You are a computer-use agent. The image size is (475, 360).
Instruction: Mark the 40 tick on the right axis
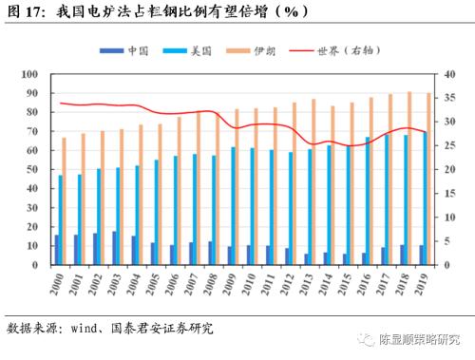445,74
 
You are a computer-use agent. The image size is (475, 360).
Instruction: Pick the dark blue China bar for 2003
115,248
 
